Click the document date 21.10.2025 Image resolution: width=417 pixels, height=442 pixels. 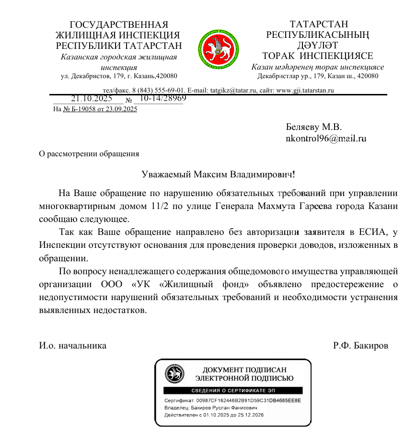(x=91, y=99)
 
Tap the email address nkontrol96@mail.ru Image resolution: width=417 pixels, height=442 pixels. (x=326, y=139)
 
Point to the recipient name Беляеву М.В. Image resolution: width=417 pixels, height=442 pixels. (x=313, y=128)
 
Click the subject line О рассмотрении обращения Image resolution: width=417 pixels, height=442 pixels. (x=89, y=154)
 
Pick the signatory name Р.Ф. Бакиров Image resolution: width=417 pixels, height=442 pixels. (x=360, y=345)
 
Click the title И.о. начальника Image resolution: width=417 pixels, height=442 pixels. (x=73, y=345)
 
